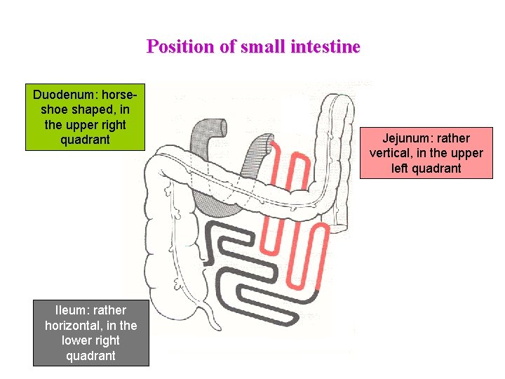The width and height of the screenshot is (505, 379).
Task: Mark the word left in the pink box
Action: (x=400, y=168)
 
